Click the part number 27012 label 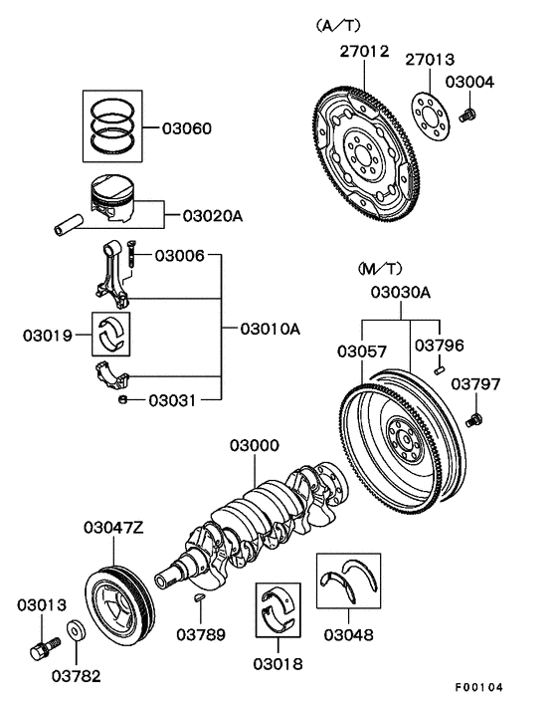coord(364,52)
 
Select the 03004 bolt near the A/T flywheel coord(467,115)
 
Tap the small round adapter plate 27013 coord(431,117)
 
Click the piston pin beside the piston coord(69,225)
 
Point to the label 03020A coord(213,216)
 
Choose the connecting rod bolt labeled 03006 coord(130,255)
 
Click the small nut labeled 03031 coord(122,399)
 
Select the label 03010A coord(270,329)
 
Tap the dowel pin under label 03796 coord(439,369)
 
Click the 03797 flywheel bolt coord(473,421)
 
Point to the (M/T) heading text coord(380,269)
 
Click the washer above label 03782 coord(77,631)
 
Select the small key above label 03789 coord(200,597)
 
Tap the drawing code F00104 coord(479,687)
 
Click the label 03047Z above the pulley coord(113,528)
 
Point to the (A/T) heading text coord(337,26)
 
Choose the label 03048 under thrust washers coord(348,635)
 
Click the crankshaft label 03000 coord(255,446)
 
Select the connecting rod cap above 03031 coord(112,374)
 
